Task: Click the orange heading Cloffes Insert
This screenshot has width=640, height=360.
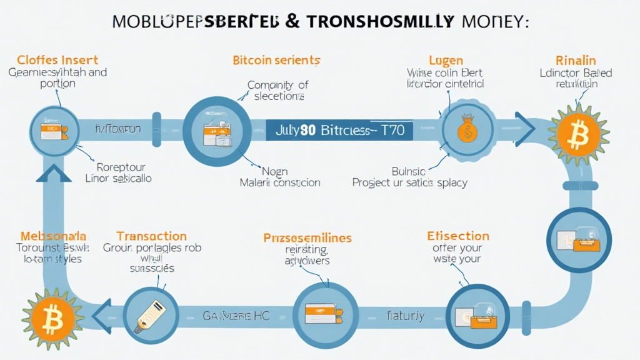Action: [x=57, y=60]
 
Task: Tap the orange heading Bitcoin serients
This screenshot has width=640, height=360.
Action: [x=276, y=61]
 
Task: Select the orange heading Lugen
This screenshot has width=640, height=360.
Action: [x=446, y=61]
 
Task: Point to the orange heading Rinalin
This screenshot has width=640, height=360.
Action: [x=576, y=61]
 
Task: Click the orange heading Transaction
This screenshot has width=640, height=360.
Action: [x=151, y=236]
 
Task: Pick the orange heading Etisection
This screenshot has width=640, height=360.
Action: [x=457, y=236]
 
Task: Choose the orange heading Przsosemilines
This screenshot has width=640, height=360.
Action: [x=307, y=238]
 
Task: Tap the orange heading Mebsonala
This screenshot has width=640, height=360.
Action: [x=52, y=236]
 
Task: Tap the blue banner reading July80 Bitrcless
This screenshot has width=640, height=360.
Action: [x=339, y=131]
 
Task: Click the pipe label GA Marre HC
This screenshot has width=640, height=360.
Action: [x=236, y=316]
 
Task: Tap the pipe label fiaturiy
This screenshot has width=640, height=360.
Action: [x=405, y=316]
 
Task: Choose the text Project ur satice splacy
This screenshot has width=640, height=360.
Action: [x=409, y=182]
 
